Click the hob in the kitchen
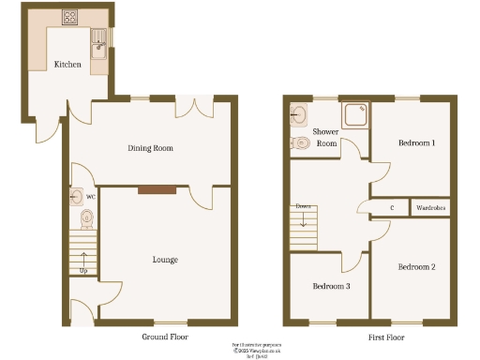click(69, 16)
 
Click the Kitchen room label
click(67, 65)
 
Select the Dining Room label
click(151, 148)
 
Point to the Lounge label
click(165, 260)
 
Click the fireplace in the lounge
click(156, 190)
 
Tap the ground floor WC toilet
click(86, 218)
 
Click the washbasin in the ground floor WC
click(76, 198)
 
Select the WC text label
click(91, 198)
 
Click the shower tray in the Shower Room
click(355, 114)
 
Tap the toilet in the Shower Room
click(301, 143)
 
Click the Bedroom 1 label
click(416, 142)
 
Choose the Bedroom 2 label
click(416, 267)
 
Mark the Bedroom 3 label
click(331, 285)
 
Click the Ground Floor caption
click(165, 335)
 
